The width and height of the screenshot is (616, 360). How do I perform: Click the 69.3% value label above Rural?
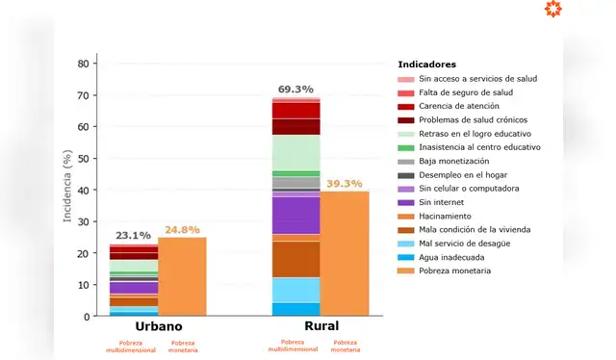(x=295, y=89)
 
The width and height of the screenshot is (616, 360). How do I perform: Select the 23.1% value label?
(x=133, y=235)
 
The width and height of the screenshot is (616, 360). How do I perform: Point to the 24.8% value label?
(x=182, y=229)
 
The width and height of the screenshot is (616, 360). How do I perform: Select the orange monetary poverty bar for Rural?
(x=345, y=254)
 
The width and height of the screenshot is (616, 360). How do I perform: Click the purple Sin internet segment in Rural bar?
(x=295, y=215)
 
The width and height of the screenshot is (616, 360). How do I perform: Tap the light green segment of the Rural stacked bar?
(x=295, y=152)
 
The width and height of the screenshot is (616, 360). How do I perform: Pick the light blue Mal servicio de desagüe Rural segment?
(x=295, y=290)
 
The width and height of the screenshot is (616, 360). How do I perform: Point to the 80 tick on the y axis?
(x=84, y=64)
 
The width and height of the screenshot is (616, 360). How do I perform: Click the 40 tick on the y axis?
(x=84, y=190)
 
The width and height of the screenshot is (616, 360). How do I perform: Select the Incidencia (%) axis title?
(x=67, y=189)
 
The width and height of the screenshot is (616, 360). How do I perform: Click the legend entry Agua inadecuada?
(x=454, y=257)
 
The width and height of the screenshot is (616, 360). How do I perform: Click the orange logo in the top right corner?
(x=579, y=10)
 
